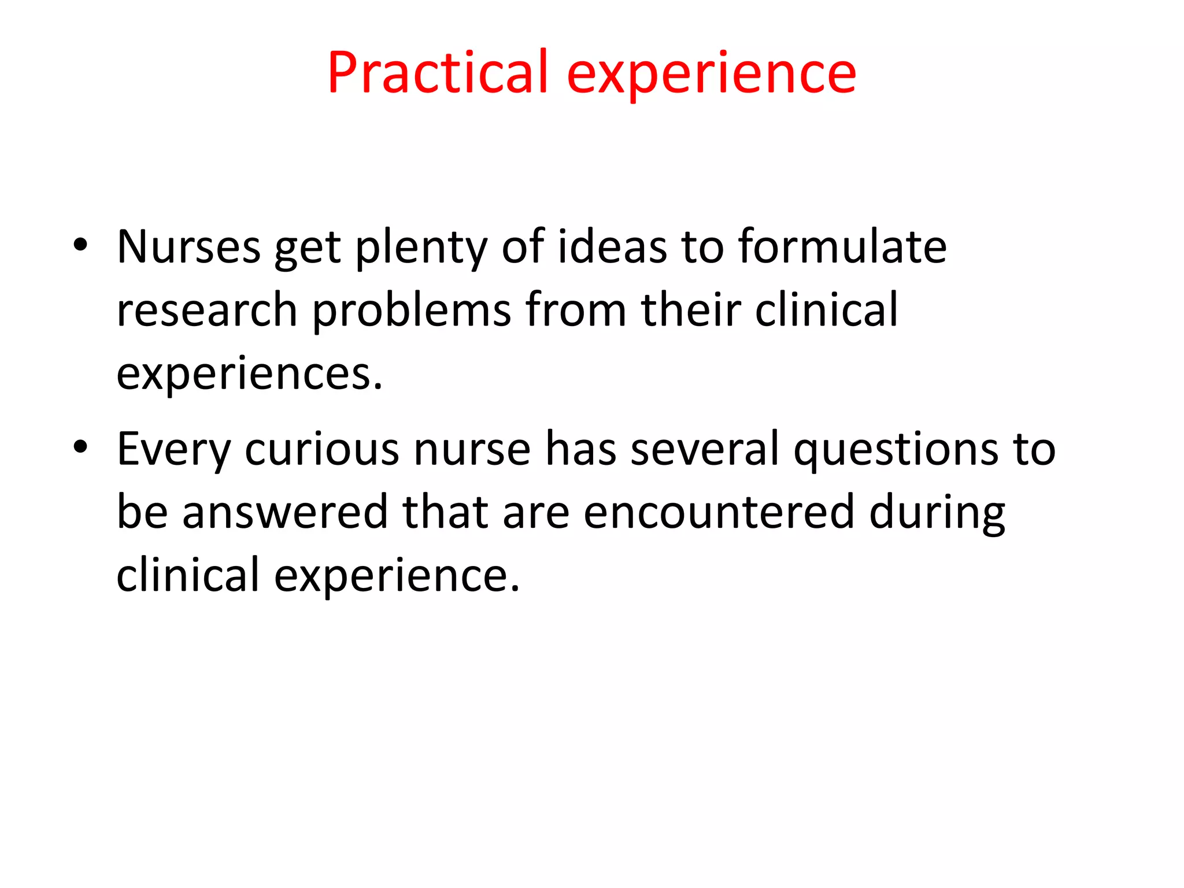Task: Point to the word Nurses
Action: click(x=188, y=247)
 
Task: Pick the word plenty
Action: click(x=421, y=249)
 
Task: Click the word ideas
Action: click(x=612, y=247)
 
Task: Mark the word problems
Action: click(x=412, y=311)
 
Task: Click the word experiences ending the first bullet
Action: click(x=249, y=375)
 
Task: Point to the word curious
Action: click(x=321, y=449)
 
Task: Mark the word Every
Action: click(x=174, y=450)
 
